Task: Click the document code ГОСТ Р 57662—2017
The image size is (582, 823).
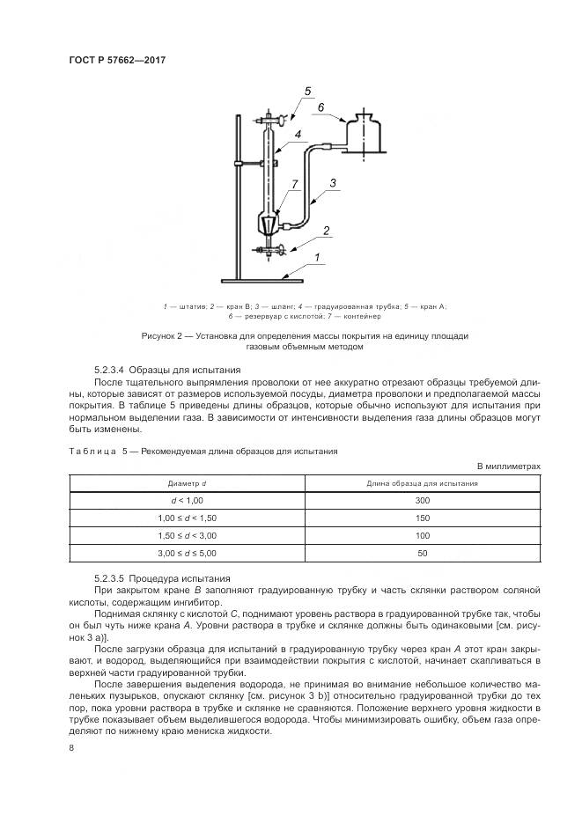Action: click(117, 60)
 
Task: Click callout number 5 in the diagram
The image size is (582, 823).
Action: click(308, 92)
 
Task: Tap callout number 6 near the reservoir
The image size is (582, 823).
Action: click(320, 108)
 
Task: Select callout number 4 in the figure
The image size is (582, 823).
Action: click(299, 135)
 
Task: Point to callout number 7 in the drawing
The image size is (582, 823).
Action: click(295, 184)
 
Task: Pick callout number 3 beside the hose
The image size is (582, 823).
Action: click(333, 183)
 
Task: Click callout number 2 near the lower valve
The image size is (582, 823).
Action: click(327, 231)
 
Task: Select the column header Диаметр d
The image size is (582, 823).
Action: click(187, 483)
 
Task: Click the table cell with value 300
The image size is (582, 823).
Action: click(423, 501)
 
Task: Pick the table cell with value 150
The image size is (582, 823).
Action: click(423, 518)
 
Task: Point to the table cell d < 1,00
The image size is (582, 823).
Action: click(187, 501)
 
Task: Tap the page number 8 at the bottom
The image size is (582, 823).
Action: click(71, 747)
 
